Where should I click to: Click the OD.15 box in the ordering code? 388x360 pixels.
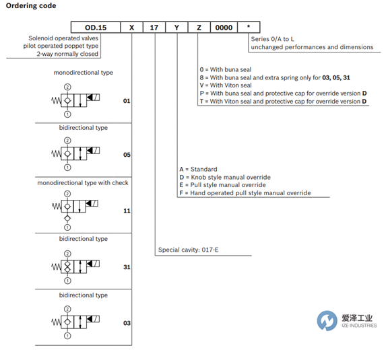pyautogui.click(x=96, y=27)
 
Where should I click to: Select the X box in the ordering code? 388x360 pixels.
pyautogui.click(x=131, y=27)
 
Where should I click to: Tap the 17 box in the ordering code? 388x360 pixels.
pyautogui.click(x=154, y=27)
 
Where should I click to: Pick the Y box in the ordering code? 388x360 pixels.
pyautogui.click(x=176, y=27)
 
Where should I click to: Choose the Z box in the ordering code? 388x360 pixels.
pyautogui.click(x=199, y=27)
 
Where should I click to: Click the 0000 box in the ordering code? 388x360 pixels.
pyautogui.click(x=224, y=27)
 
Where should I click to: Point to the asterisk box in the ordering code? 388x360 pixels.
pyautogui.click(x=249, y=27)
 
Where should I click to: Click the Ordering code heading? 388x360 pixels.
pyautogui.click(x=31, y=5)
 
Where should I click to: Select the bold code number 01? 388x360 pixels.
pyautogui.click(x=127, y=101)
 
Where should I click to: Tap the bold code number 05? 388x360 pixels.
pyautogui.click(x=127, y=155)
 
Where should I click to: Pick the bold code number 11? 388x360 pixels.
pyautogui.click(x=127, y=211)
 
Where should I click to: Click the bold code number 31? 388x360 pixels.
pyautogui.click(x=127, y=267)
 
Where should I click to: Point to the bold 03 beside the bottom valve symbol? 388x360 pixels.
pyautogui.click(x=127, y=323)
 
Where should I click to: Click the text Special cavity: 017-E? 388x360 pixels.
pyautogui.click(x=189, y=250)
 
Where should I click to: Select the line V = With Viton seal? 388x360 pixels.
pyautogui.click(x=226, y=85)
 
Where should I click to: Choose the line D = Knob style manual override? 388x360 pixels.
pyautogui.click(x=225, y=177)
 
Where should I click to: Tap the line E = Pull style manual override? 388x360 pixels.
pyautogui.click(x=223, y=185)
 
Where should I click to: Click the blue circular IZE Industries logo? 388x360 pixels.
pyautogui.click(x=327, y=321)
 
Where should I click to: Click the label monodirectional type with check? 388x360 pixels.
pyautogui.click(x=83, y=183)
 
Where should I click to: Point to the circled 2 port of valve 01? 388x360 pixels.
pyautogui.click(x=67, y=87)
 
